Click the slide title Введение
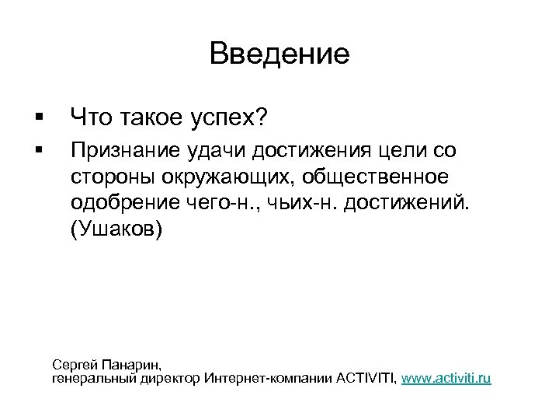[279, 54]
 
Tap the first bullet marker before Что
[38, 118]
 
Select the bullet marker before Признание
[38, 148]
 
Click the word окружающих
[228, 177]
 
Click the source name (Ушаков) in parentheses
[116, 231]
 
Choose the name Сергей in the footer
[74, 364]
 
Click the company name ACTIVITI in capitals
[366, 378]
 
